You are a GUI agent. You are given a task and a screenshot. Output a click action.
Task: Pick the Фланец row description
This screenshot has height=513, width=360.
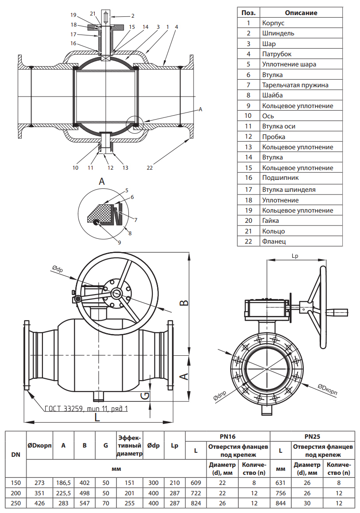click(274, 241)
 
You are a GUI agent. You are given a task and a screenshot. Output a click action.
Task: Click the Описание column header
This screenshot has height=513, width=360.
click(301, 13)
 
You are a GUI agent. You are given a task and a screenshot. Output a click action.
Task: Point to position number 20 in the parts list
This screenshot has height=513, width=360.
click(248, 221)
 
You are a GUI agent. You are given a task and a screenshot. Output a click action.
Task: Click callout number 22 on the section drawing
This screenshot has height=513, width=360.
click(150, 168)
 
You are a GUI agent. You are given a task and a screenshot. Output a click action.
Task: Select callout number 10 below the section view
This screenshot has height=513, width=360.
click(75, 168)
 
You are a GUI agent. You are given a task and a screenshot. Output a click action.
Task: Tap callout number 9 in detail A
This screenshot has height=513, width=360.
click(119, 242)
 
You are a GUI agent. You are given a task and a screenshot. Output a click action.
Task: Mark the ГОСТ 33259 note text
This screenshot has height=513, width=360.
click(86, 409)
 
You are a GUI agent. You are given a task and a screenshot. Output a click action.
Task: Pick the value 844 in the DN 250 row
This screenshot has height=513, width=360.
click(280, 503)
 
